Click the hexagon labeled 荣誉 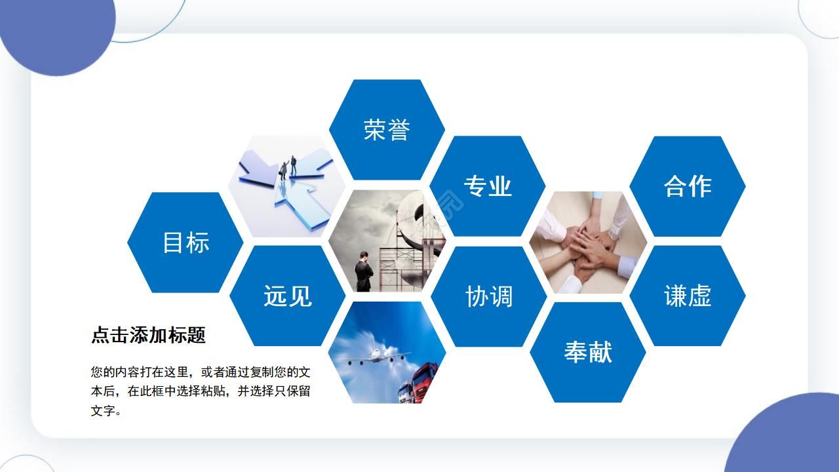click(387, 130)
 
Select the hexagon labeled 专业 click(488, 186)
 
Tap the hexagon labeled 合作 click(688, 186)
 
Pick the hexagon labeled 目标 click(185, 243)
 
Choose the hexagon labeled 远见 click(287, 296)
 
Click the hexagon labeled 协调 click(488, 296)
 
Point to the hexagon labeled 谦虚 click(688, 296)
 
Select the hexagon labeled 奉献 click(588, 352)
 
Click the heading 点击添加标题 click(148, 335)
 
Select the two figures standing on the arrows click(288, 165)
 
